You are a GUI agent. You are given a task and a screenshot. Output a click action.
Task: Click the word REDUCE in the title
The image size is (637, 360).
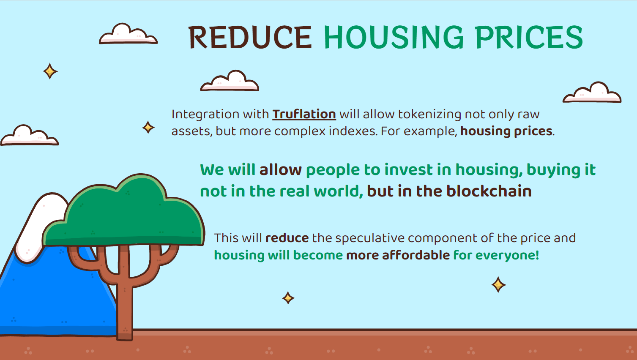point(250,37)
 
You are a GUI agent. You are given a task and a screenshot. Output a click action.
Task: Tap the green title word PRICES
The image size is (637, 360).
point(529,37)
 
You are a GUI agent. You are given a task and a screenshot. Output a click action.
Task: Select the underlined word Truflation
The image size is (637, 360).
point(304,115)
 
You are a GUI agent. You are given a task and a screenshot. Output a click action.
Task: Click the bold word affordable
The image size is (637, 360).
point(416,255)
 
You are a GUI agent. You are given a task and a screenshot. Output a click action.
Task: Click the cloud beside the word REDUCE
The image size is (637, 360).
point(128,35)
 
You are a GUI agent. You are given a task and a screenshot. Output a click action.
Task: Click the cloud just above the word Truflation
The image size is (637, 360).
point(230,82)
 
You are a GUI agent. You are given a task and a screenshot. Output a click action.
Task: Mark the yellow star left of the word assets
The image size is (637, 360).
point(148,127)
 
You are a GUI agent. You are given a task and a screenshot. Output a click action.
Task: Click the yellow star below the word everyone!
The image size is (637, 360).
point(498,285)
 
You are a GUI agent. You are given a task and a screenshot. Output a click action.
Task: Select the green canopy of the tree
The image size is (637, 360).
point(124,213)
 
